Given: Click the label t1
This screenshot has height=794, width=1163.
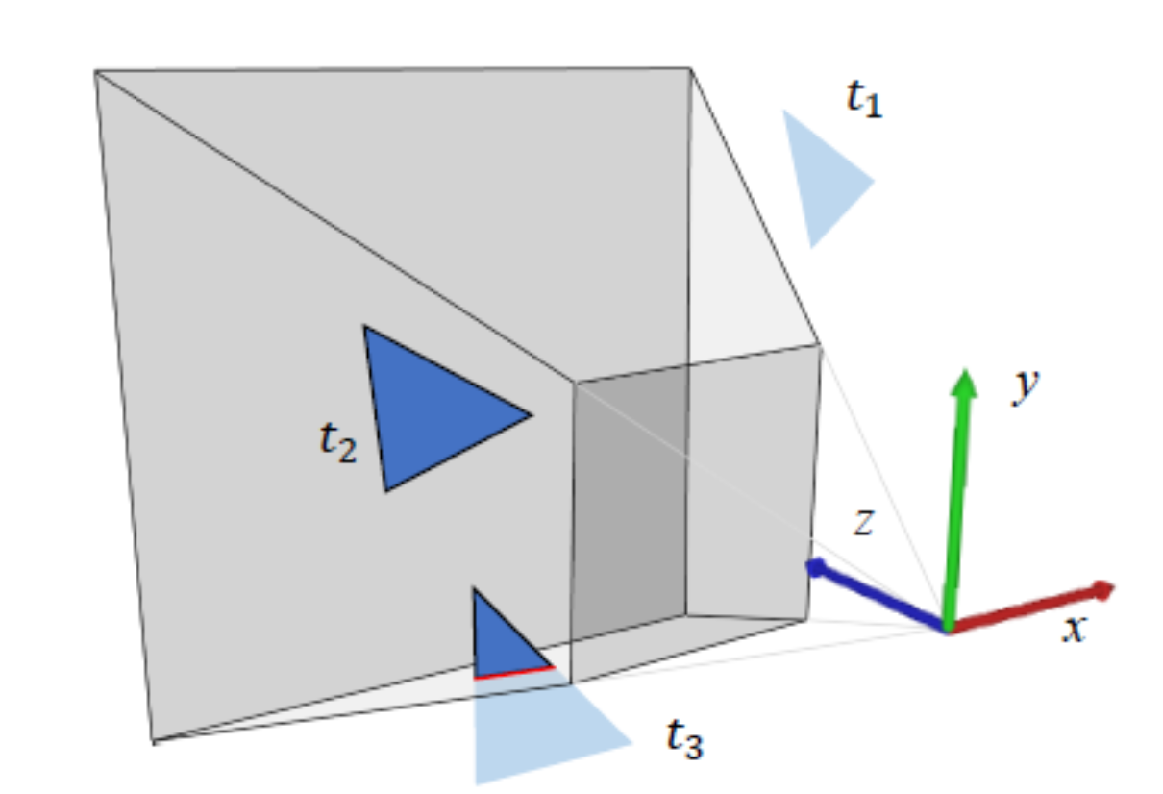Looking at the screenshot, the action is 863,99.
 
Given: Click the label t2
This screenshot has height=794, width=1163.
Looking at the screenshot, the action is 337,443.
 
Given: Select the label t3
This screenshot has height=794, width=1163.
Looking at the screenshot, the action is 684,739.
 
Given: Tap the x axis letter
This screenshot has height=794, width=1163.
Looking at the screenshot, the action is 1074,630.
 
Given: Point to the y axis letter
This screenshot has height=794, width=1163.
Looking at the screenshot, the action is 1027,387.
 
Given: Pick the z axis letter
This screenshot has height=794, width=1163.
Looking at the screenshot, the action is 863,523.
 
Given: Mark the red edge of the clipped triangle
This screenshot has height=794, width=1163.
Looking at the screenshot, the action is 514,671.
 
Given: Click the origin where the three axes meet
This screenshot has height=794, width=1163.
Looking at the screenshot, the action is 948,630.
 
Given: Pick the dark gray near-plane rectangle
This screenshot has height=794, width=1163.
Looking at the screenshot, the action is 629,509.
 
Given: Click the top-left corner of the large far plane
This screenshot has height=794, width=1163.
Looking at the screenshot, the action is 95,71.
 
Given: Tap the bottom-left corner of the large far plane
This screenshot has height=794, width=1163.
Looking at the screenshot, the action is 154,740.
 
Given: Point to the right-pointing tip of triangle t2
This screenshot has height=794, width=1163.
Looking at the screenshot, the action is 530,415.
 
